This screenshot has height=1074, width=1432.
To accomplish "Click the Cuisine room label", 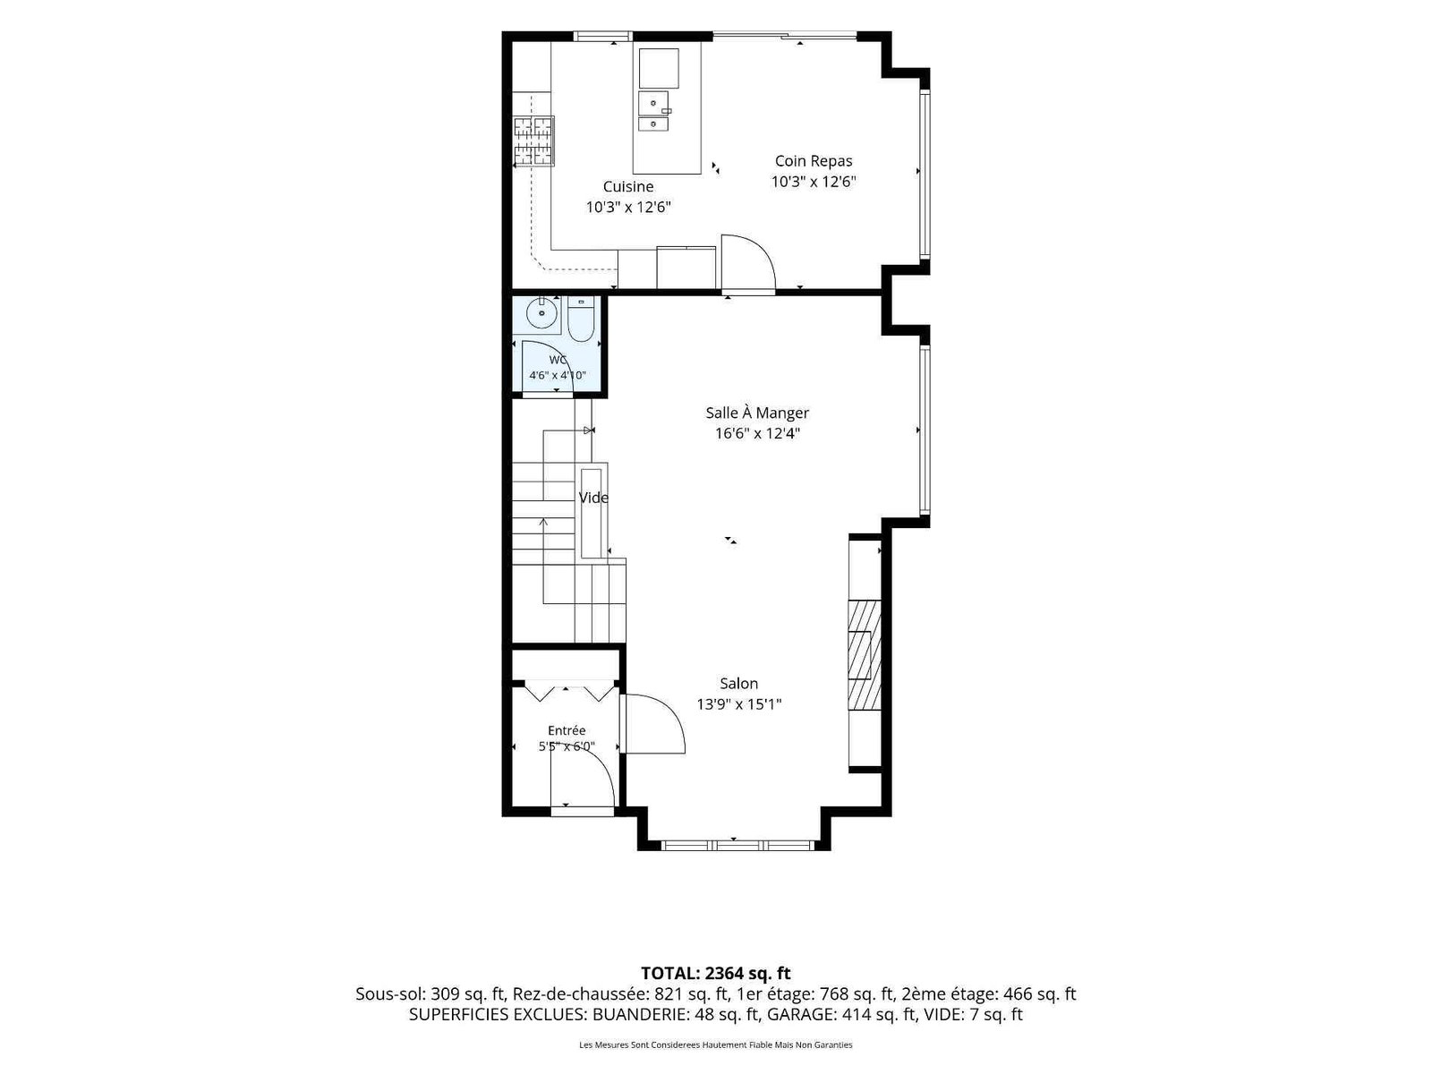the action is [627, 186].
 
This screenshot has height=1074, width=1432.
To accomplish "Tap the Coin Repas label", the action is [813, 161].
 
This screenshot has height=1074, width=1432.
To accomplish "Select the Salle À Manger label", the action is [757, 413].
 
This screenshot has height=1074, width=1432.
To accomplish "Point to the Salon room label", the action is [738, 684].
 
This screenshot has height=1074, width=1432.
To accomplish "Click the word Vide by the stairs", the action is [593, 498].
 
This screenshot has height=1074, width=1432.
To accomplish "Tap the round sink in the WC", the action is [541, 313].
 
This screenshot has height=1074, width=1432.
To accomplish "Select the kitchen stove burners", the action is [533, 141].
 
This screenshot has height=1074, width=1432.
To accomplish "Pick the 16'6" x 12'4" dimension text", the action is [757, 434].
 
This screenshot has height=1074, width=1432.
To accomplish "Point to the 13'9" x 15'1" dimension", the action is [738, 704].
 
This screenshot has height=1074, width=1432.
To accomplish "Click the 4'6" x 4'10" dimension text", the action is [558, 376].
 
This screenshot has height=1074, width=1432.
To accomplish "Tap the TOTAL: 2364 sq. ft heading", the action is [716, 974].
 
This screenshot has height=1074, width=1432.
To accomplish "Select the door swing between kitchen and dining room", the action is [747, 260].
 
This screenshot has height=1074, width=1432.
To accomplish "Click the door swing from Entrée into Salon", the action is [655, 724].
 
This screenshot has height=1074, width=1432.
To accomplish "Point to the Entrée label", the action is [567, 731].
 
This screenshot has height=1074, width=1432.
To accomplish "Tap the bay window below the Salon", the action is [737, 846].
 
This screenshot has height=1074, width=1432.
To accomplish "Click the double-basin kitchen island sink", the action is [654, 111].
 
